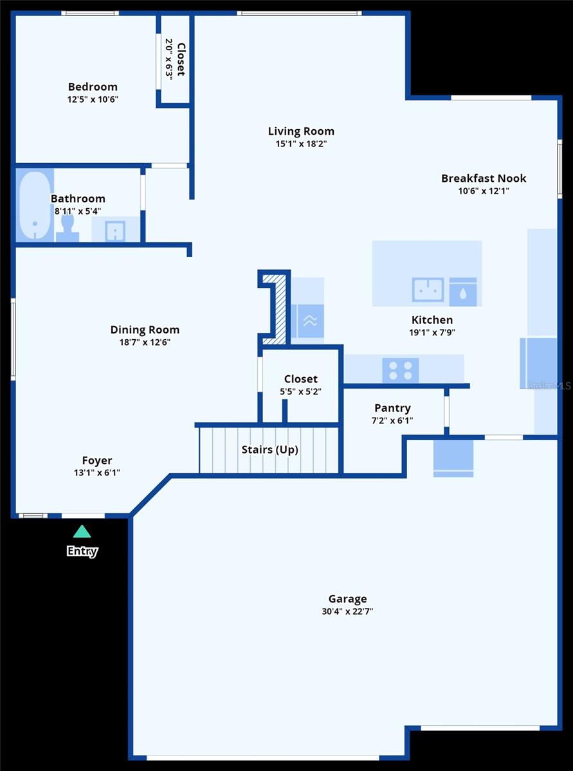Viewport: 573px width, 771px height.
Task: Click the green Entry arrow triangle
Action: tap(82, 531)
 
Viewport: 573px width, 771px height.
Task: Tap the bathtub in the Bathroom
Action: tap(35, 205)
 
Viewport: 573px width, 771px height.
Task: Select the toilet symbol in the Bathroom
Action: tap(68, 228)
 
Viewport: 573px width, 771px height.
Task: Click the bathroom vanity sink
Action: tap(115, 231)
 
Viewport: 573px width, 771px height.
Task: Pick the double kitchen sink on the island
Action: tap(428, 290)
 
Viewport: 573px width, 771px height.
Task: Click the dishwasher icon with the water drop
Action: tap(463, 292)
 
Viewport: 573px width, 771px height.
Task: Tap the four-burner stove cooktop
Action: tap(401, 371)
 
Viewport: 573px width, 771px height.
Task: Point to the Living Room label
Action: tap(301, 131)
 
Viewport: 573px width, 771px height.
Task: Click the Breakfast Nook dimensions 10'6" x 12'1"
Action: tap(484, 190)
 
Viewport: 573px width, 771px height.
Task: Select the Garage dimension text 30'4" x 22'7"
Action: tap(347, 611)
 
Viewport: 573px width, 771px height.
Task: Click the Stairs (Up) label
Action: tap(269, 450)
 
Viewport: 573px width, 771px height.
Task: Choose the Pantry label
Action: tap(392, 408)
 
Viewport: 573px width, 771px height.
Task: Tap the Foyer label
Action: tap(97, 460)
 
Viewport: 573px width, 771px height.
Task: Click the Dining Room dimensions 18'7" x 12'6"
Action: tap(145, 342)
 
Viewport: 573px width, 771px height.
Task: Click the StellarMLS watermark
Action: tap(549, 385)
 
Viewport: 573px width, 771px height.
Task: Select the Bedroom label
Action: tap(93, 87)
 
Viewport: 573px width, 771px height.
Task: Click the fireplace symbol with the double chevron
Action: tap(310, 321)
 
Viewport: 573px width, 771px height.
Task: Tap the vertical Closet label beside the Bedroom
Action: tap(181, 60)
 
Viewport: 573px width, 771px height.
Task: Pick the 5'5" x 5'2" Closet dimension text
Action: tap(300, 391)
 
